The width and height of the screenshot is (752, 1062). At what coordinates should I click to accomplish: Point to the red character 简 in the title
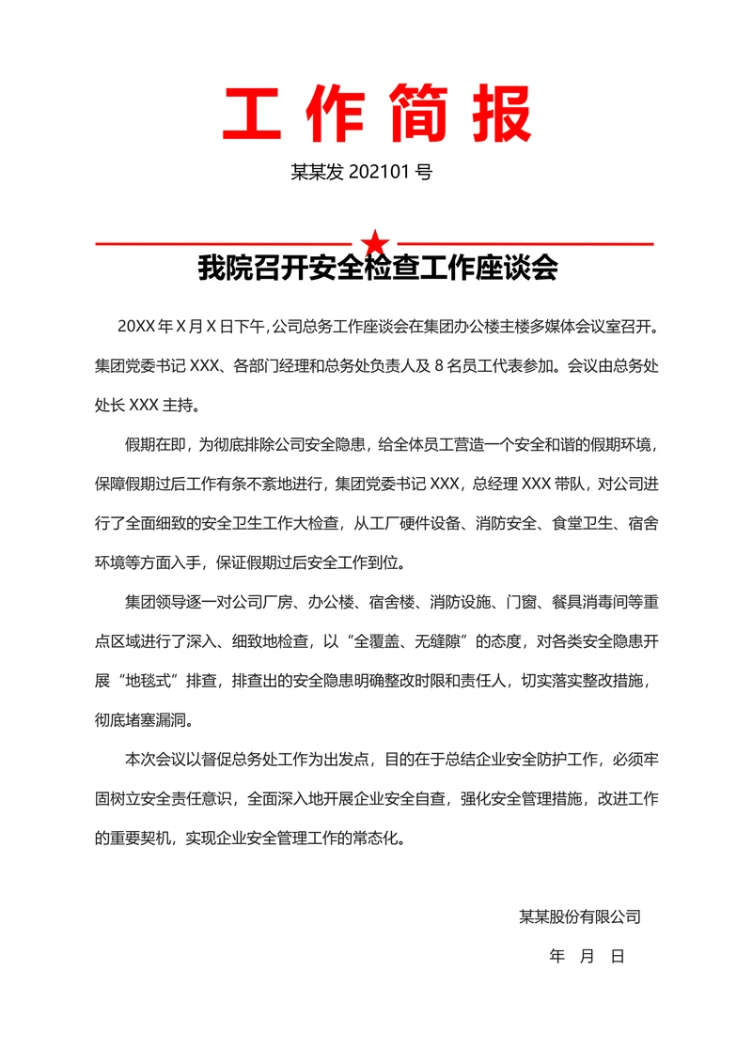tap(417, 113)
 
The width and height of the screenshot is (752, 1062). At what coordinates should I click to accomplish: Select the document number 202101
tap(381, 173)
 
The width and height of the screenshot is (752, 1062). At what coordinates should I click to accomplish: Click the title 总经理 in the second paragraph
tap(495, 484)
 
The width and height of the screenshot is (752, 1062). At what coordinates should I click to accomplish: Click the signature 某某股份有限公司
tap(580, 916)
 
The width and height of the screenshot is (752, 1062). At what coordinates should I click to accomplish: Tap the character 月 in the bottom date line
tap(587, 957)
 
